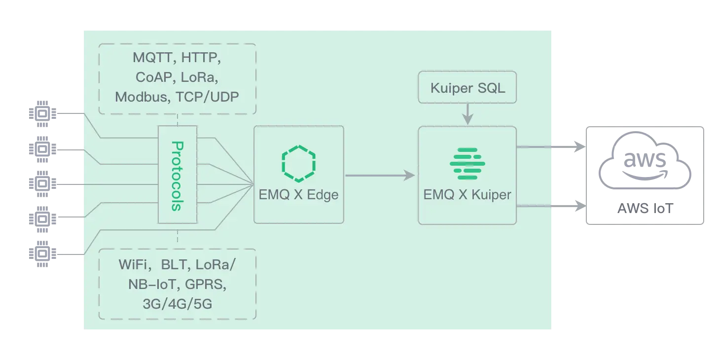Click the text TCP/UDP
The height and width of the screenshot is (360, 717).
tap(208, 97)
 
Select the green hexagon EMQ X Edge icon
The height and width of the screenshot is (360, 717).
tap(298, 161)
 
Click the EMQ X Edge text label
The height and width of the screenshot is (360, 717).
tap(298, 195)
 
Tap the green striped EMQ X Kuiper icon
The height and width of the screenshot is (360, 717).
tap(467, 163)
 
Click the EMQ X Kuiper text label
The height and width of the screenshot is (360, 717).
tap(467, 195)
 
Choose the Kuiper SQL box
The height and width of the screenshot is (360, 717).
tap(467, 88)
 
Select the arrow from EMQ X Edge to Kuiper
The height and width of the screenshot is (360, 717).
tap(380, 175)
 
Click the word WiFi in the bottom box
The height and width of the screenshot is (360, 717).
tap(134, 265)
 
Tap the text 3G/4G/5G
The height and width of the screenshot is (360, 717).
tap(177, 304)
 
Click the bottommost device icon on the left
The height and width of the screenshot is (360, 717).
tap(43, 254)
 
